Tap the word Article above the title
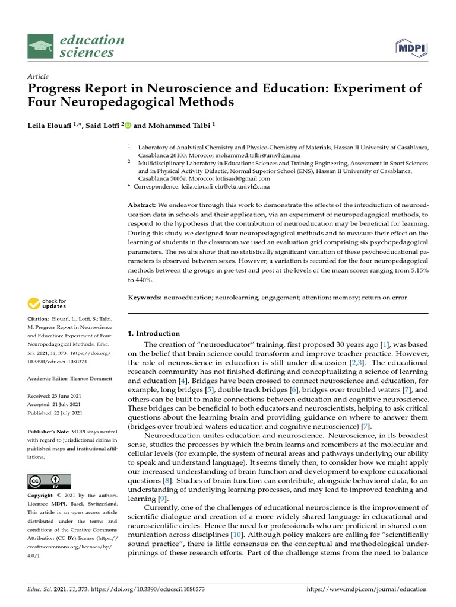tap(38, 76)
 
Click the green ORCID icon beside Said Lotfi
tap(128, 125)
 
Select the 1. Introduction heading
tap(154, 333)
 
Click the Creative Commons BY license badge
tap(49, 481)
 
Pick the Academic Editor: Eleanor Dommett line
tap(66, 378)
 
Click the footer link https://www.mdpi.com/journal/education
tap(366, 589)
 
